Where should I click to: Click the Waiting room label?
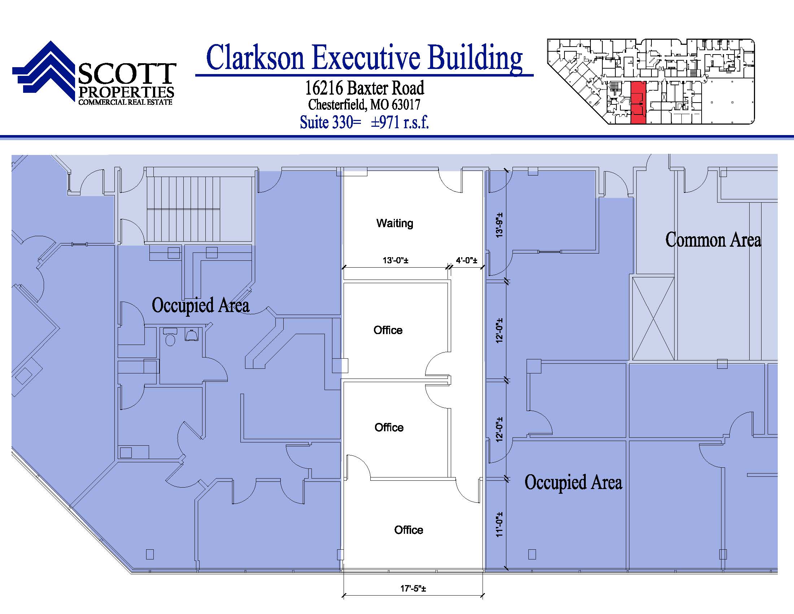pyautogui.click(x=395, y=223)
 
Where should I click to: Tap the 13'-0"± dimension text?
pyautogui.click(x=395, y=260)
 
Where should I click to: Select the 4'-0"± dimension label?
pyautogui.click(x=466, y=260)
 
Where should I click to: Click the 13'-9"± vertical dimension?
pyautogui.click(x=499, y=225)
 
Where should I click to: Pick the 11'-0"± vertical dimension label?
pyautogui.click(x=499, y=524)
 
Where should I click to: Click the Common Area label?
pyautogui.click(x=713, y=240)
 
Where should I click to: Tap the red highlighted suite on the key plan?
pyautogui.click(x=638, y=103)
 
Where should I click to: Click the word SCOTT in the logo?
pyautogui.click(x=127, y=74)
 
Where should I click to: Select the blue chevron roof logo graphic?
pyautogui.click(x=45, y=71)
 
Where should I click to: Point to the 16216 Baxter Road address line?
pyautogui.click(x=364, y=88)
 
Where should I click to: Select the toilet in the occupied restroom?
pyautogui.click(x=170, y=337)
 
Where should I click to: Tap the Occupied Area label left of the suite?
pyautogui.click(x=200, y=305)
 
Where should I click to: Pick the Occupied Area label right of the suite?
pyautogui.click(x=573, y=482)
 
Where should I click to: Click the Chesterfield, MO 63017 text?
pyautogui.click(x=364, y=105)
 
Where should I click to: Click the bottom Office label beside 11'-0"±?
pyautogui.click(x=409, y=530)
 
